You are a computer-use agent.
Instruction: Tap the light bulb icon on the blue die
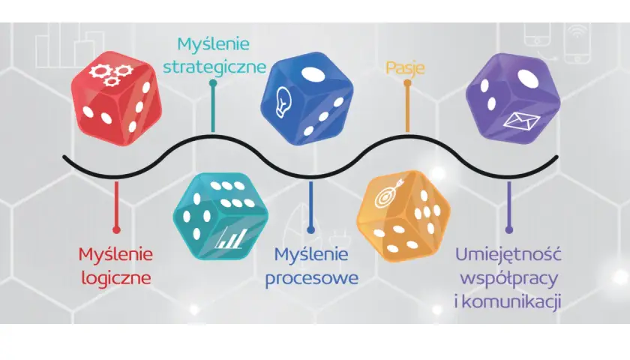click(283, 102)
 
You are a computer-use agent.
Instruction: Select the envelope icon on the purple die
click(521, 121)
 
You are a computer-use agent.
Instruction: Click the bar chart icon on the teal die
click(229, 238)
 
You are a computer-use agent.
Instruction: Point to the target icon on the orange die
click(387, 194)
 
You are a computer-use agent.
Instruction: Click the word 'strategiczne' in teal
click(214, 67)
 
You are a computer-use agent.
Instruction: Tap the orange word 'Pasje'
click(405, 68)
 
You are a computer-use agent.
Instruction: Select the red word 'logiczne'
click(116, 278)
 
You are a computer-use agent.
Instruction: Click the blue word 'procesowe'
click(312, 278)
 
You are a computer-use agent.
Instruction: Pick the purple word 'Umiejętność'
click(508, 255)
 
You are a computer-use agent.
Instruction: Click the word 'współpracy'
click(509, 278)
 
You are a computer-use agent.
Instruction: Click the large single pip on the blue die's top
click(313, 75)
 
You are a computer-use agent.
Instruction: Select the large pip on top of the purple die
click(528, 78)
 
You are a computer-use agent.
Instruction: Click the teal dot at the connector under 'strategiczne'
click(213, 83)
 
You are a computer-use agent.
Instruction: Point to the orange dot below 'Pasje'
click(407, 83)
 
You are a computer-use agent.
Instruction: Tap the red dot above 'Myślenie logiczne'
click(116, 229)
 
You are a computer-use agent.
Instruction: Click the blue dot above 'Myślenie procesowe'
click(310, 229)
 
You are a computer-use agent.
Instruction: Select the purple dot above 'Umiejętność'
click(509, 229)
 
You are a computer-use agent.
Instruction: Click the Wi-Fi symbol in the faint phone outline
click(577, 32)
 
